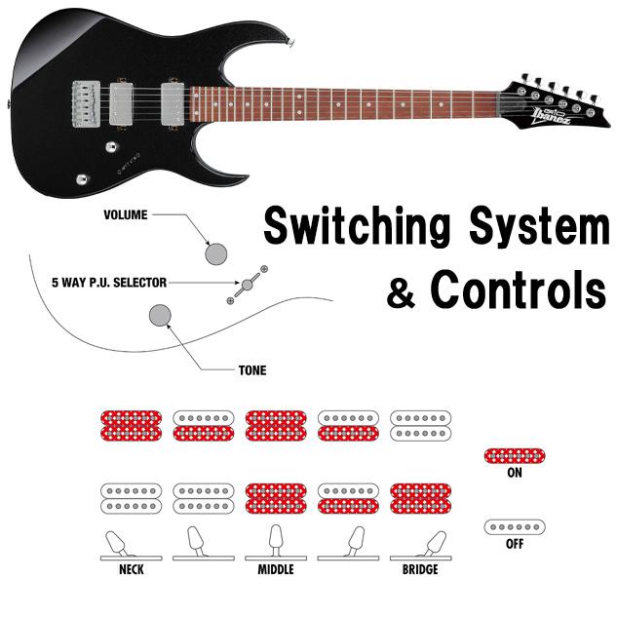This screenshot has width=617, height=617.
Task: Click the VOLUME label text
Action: [x=126, y=214]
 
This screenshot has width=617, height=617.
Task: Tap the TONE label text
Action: [x=252, y=370]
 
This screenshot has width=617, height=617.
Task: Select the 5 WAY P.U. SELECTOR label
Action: [x=109, y=283]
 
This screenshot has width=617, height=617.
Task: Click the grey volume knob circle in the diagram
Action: [x=216, y=253]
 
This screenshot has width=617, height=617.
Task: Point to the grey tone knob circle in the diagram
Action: [x=160, y=316]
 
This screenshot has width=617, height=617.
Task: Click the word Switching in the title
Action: [x=357, y=227]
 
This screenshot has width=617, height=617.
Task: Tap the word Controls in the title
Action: [x=519, y=290]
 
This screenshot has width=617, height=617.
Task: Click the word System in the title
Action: [x=539, y=227]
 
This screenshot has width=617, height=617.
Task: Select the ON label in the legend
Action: [x=515, y=472]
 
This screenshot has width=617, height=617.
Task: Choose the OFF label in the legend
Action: [x=515, y=544]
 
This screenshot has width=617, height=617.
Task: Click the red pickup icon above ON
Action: [x=515, y=456]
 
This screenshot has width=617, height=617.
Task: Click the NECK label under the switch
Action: [x=131, y=569]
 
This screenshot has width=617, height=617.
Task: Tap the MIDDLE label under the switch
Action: [x=276, y=569]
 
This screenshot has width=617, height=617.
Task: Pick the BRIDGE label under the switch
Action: [x=420, y=569]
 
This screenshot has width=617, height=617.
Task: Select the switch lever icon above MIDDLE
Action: [x=276, y=540]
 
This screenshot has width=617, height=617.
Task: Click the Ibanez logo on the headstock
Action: [x=550, y=116]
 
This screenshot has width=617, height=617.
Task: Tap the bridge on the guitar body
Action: [x=86, y=104]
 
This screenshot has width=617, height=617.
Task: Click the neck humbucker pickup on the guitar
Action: [x=173, y=103]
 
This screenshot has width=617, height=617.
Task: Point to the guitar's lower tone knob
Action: [x=82, y=179]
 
